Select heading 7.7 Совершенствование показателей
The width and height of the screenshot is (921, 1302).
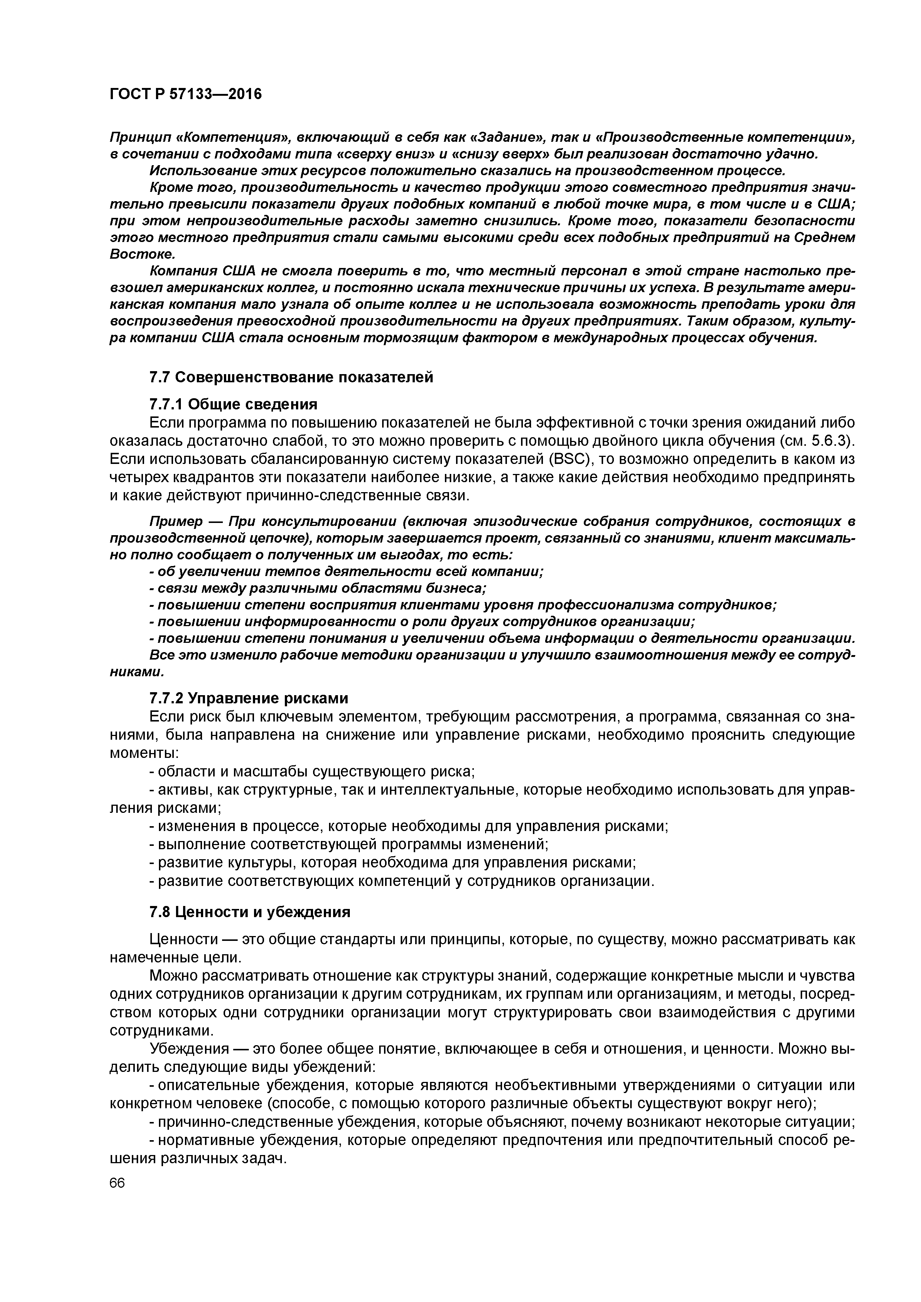coord(290,377)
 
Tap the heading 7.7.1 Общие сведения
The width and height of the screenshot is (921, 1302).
coord(232,404)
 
